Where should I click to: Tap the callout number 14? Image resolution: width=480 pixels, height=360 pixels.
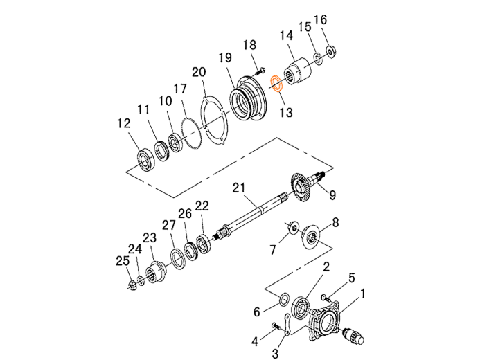click(x=286, y=35)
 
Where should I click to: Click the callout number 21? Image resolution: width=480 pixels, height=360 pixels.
click(x=239, y=188)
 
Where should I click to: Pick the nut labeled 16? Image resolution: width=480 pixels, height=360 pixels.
click(x=330, y=51)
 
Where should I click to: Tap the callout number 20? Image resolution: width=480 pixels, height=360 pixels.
click(x=199, y=72)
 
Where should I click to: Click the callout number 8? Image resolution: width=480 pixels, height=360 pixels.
click(x=335, y=222)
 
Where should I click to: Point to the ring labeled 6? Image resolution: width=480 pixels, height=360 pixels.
click(x=284, y=299)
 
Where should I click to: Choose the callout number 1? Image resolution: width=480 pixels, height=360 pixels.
click(x=363, y=294)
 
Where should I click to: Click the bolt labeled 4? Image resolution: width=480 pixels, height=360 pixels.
click(x=276, y=326)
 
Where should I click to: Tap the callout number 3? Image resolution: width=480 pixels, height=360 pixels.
click(x=275, y=354)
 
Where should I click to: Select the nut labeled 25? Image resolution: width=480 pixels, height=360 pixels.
click(x=132, y=285)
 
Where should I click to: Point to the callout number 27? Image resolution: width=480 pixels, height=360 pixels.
click(x=169, y=226)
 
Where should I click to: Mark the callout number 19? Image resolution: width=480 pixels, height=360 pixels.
click(x=226, y=57)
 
